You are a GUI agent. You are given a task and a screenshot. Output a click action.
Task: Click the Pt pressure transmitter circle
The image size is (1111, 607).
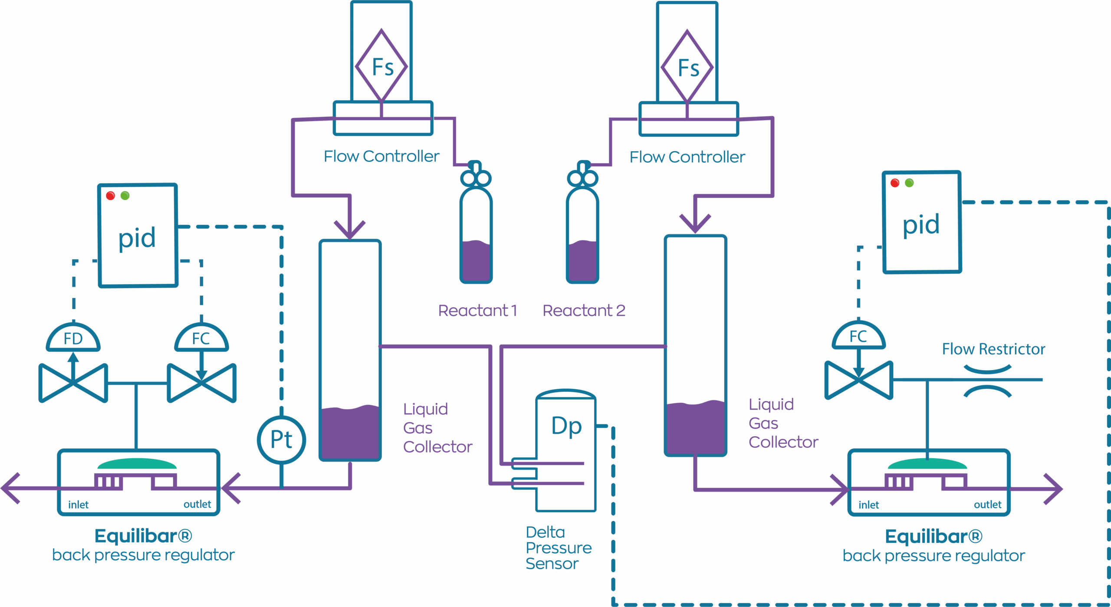281,440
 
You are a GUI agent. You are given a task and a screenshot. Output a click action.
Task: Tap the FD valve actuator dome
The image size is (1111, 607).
73,338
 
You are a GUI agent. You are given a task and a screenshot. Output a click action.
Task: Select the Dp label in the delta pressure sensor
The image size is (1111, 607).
566,426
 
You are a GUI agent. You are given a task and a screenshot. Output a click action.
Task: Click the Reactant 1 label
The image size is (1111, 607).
477,311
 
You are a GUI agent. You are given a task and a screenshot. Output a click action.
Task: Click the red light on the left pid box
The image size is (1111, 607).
110,196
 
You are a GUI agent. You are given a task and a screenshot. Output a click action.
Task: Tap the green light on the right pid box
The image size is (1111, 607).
909,183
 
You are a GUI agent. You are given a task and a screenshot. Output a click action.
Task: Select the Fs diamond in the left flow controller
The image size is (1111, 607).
381,66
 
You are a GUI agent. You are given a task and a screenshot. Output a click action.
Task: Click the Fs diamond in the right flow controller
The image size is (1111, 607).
687,67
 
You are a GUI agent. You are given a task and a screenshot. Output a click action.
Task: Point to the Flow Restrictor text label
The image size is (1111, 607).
993,349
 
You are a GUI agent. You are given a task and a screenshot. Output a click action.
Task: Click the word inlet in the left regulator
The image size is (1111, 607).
78,505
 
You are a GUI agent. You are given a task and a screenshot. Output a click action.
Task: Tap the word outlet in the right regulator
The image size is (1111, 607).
987,505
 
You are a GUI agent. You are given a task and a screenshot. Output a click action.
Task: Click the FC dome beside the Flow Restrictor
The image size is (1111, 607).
858,337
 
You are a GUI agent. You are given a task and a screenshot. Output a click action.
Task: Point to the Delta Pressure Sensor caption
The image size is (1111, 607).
558,548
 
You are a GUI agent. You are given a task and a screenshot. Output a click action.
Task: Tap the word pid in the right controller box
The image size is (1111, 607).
921,224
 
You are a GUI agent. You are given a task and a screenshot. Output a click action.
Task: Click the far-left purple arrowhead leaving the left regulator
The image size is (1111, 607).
11,488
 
